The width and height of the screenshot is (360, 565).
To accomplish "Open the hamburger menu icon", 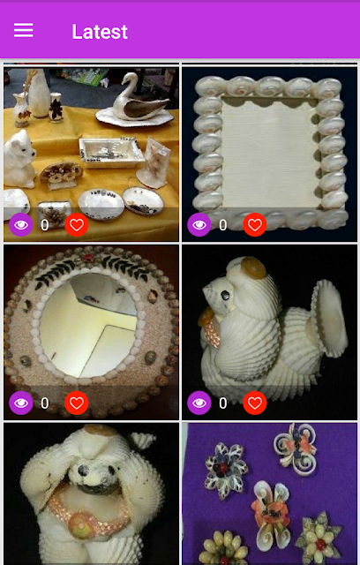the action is pyautogui.click(x=24, y=30).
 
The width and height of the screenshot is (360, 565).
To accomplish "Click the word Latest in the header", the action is pyautogui.click(x=100, y=32).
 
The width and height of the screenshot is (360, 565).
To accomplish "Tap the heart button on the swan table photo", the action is pyautogui.click(x=77, y=224).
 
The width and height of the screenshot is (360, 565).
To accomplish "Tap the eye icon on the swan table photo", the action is pyautogui.click(x=21, y=224).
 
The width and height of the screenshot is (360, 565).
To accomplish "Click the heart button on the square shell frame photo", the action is pyautogui.click(x=255, y=224).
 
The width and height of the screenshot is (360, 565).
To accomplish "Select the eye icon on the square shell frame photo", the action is pyautogui.click(x=199, y=224).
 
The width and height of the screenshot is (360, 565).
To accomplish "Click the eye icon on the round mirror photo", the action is pyautogui.click(x=21, y=403).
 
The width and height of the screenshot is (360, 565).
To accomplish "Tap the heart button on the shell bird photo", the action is pyautogui.click(x=255, y=403).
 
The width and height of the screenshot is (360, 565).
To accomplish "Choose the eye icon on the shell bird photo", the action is pyautogui.click(x=199, y=403).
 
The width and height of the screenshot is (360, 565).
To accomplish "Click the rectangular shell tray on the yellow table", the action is pyautogui.click(x=111, y=151).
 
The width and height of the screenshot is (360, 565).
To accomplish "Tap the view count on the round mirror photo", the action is pyautogui.click(x=45, y=403).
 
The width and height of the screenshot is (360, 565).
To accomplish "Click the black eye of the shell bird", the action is pyautogui.click(x=225, y=296).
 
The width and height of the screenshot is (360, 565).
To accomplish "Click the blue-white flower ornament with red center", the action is pyautogui.click(x=226, y=465).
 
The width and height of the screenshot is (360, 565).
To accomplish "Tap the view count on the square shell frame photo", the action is pyautogui.click(x=223, y=225).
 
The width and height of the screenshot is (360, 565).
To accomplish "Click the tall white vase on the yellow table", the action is pyautogui.click(x=39, y=93).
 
